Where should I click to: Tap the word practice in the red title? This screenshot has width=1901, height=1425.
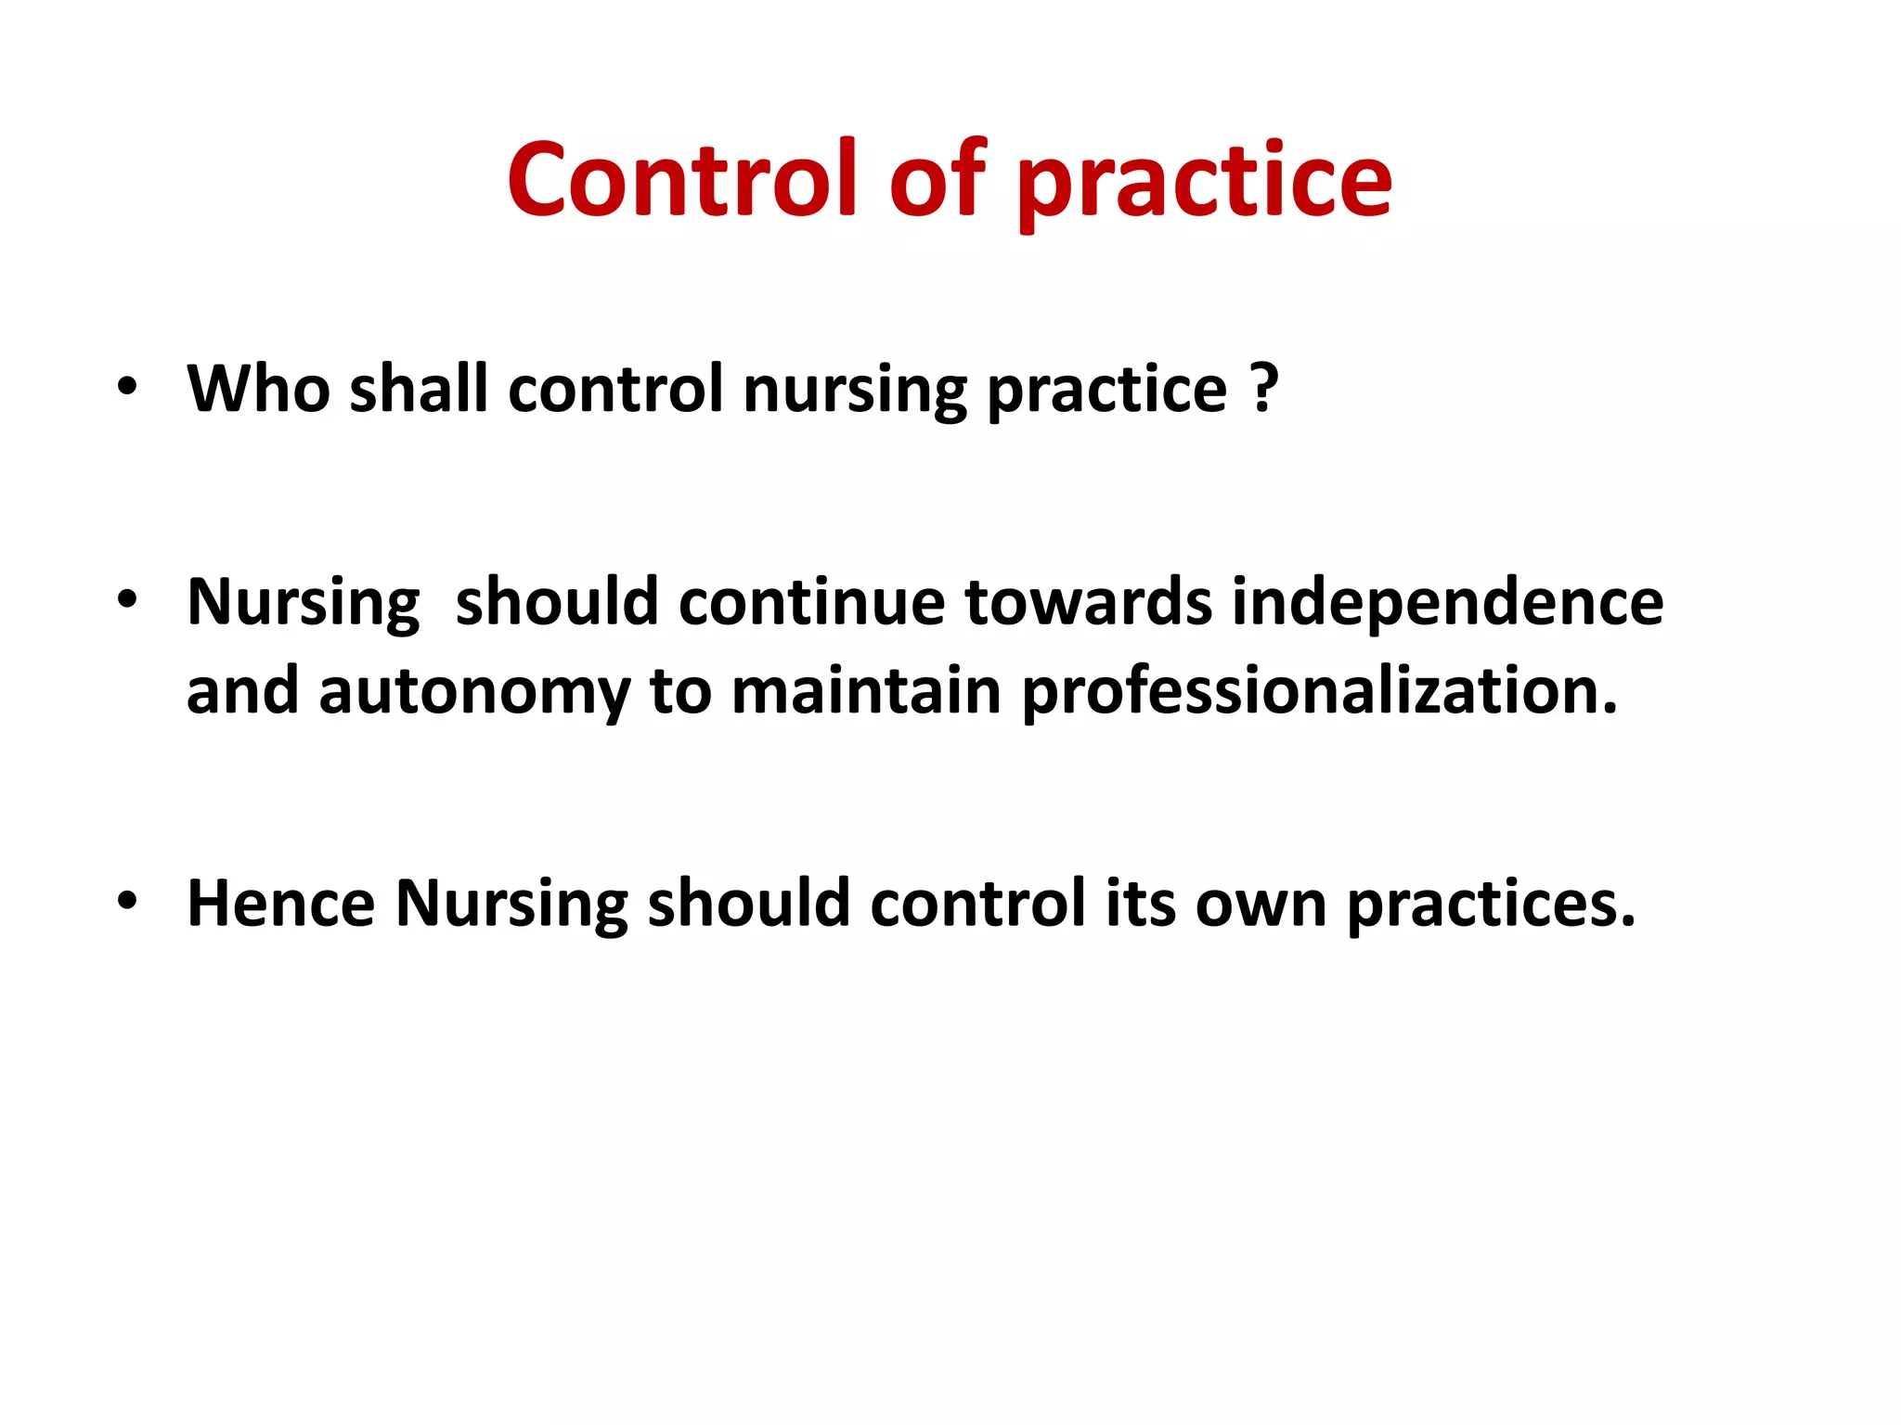(1204, 183)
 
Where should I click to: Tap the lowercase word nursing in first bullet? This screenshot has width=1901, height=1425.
(855, 390)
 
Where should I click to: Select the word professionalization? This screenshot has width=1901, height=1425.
(1319, 692)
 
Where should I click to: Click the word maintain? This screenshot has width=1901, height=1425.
(867, 692)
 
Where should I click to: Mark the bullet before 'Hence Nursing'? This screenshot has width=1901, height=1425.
(127, 901)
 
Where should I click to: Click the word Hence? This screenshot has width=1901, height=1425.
(280, 903)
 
